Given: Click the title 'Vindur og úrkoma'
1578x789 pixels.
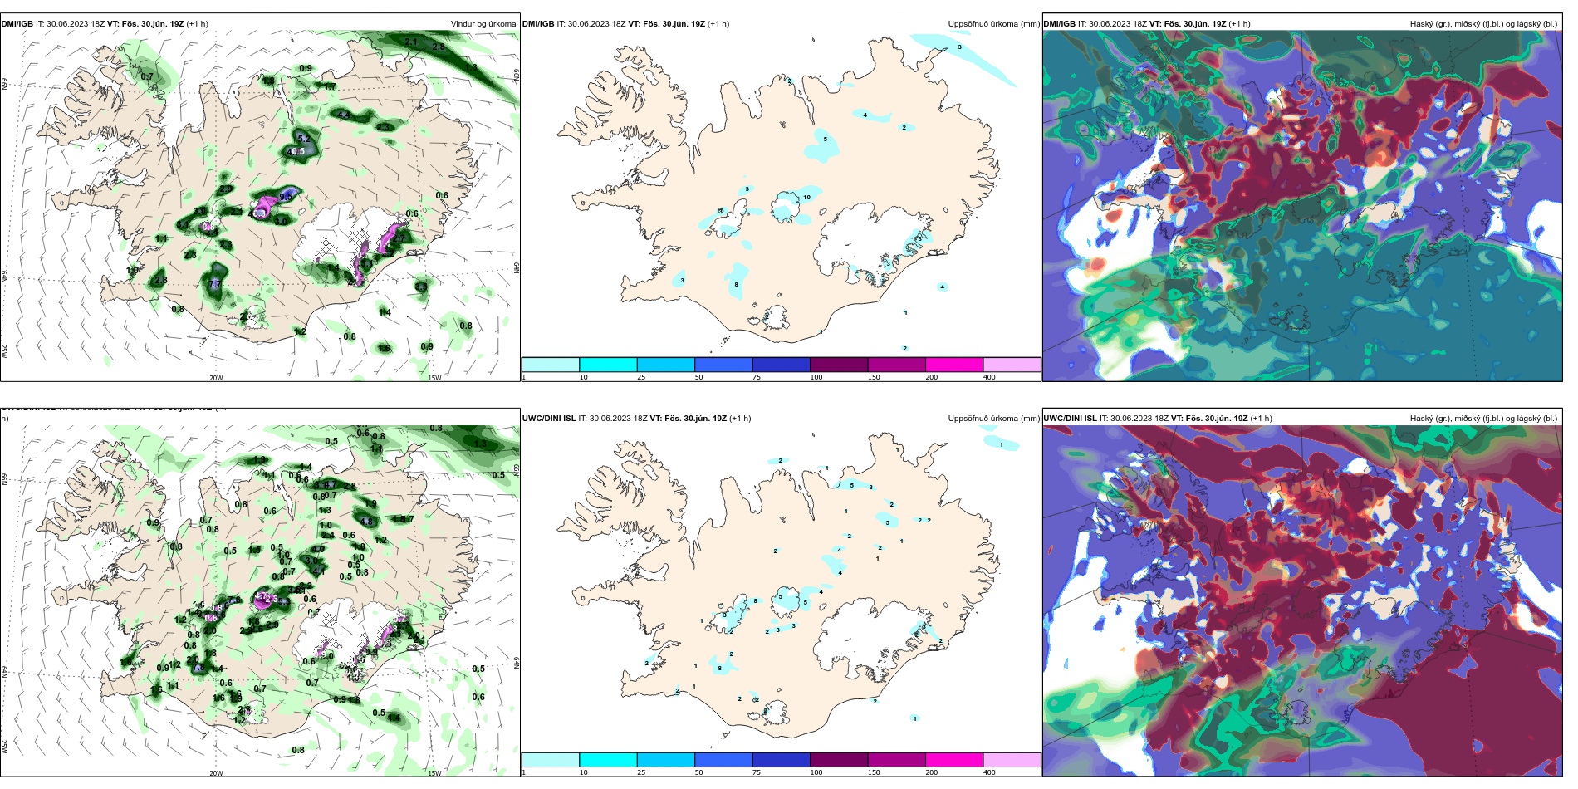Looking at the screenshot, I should pos(483,24).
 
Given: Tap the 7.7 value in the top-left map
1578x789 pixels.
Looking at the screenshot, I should pos(215,284).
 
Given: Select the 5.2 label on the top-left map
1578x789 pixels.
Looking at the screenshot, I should pos(304,139).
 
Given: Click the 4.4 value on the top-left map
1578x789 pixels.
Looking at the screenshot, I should pos(344,115).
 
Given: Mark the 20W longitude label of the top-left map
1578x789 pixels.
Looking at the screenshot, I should pos(216,378).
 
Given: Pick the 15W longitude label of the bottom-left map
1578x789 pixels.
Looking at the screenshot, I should pos(434,773).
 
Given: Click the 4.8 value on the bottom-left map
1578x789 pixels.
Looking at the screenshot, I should pos(366,522).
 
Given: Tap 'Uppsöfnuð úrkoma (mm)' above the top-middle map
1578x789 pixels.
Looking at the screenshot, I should pos(993,24).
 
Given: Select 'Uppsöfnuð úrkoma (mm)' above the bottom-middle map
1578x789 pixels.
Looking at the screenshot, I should pos(993,419).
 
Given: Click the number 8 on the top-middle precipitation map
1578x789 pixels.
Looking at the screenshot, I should pos(736,285).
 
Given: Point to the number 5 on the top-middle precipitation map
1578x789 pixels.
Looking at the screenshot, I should pos(825,139).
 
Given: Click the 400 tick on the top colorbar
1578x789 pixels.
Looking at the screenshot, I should pos(989,377).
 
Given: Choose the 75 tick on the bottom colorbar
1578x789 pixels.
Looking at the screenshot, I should pos(757,772).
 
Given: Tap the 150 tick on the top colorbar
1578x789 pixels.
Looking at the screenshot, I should pos(874,377).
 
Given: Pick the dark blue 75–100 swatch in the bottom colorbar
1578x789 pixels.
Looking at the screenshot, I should pos(781,759).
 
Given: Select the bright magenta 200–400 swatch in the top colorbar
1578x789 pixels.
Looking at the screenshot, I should pos(953,365).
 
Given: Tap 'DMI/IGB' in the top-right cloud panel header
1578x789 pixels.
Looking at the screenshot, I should pos(1059,24).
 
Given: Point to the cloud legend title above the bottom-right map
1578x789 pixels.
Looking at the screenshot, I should pos(1483,419).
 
